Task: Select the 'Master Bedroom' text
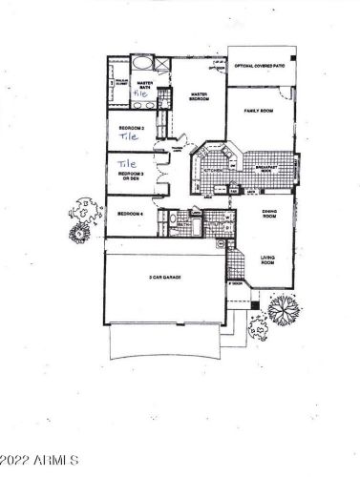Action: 200,95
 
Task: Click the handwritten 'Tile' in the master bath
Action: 142,95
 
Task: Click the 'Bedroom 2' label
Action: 131,126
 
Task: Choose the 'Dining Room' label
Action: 269,216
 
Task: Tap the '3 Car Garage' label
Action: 164,277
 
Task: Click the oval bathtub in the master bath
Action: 140,65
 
